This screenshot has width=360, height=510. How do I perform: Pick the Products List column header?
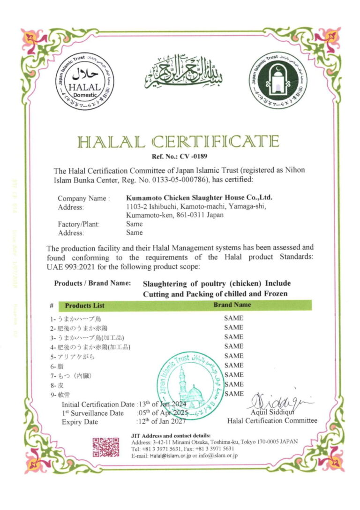(x=84, y=305)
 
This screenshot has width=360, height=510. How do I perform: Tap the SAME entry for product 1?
(x=233, y=318)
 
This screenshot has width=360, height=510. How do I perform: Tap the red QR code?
(x=105, y=447)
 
